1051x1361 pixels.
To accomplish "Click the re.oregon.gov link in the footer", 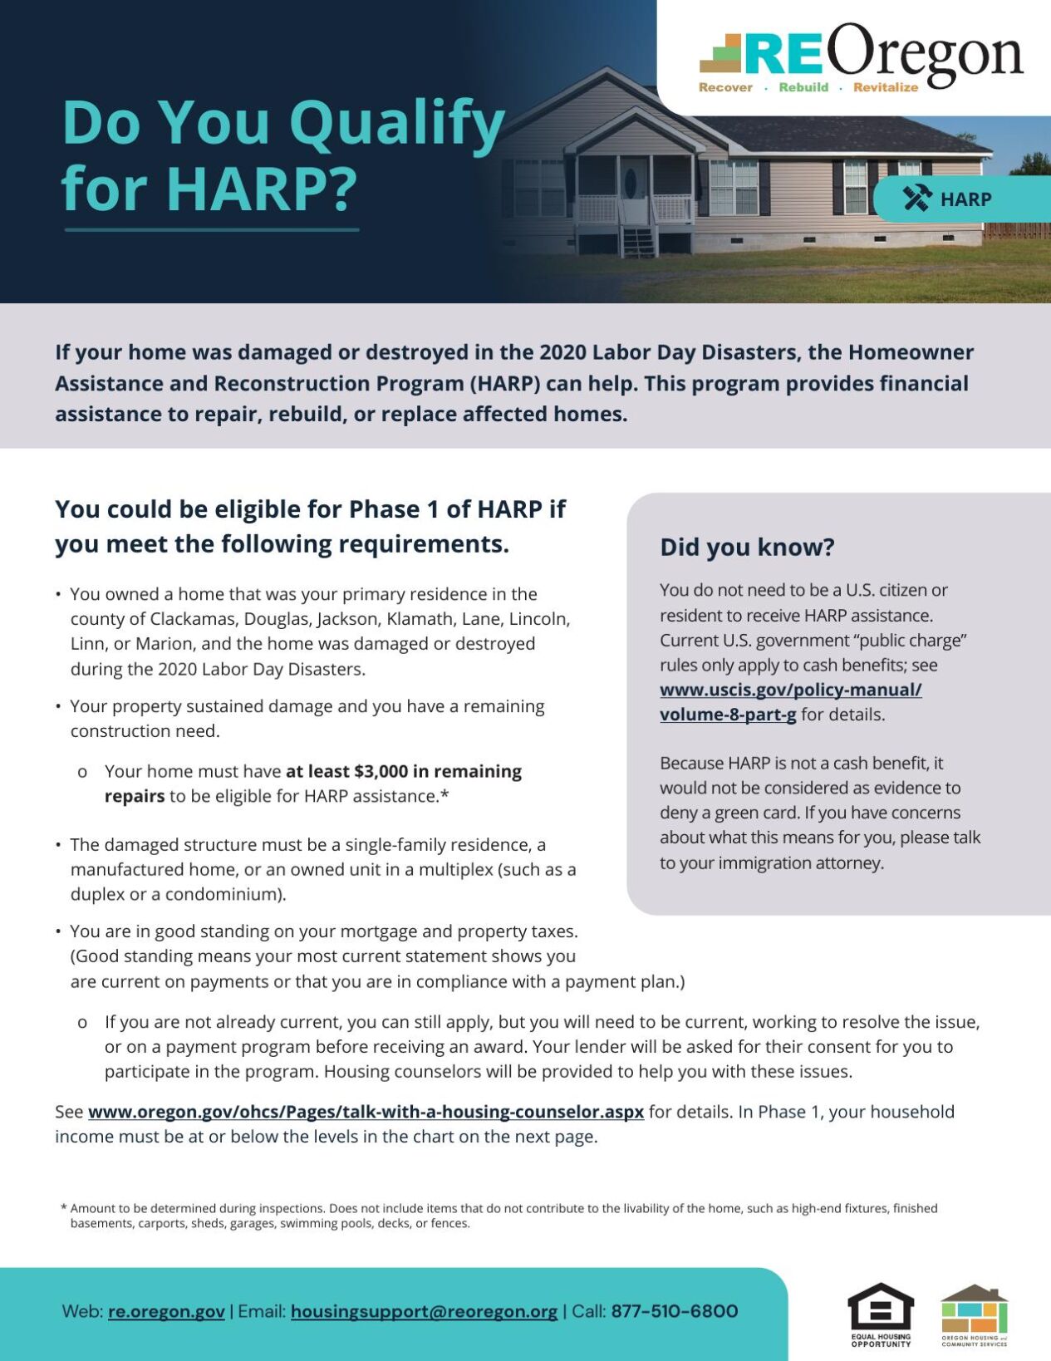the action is (166, 1311).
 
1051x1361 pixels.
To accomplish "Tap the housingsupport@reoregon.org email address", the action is (424, 1311).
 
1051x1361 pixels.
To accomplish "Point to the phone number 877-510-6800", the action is (675, 1311).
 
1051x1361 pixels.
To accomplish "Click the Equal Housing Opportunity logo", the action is (881, 1313).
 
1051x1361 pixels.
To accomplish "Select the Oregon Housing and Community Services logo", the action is (974, 1313).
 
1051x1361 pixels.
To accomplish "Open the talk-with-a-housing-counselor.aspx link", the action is (366, 1112).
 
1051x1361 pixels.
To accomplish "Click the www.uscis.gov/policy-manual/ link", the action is (790, 690).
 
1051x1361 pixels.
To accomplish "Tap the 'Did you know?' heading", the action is (747, 547).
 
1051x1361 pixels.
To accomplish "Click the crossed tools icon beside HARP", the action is (917, 199).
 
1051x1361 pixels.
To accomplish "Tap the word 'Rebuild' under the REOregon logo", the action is (803, 87).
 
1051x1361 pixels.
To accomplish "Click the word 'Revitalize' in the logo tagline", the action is (886, 87).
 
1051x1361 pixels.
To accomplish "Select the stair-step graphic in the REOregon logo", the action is (720, 54).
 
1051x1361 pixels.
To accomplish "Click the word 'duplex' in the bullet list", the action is (97, 894).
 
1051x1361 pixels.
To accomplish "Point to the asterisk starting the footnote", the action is (63, 1207).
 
